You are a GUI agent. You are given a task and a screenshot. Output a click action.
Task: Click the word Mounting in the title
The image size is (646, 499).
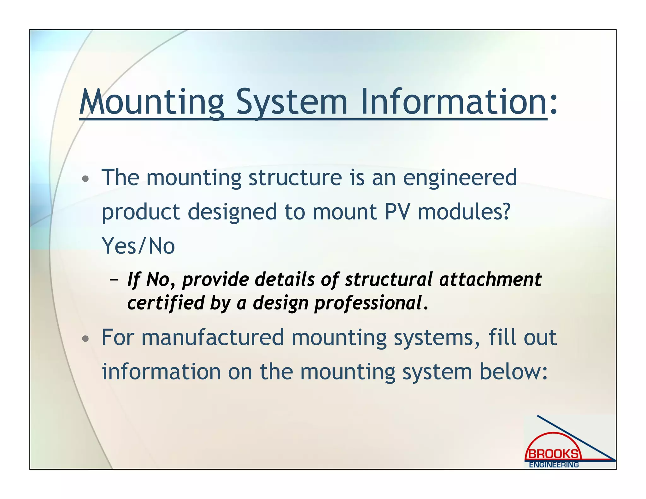(151, 103)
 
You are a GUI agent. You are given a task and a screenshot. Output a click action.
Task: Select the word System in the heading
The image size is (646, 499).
(292, 103)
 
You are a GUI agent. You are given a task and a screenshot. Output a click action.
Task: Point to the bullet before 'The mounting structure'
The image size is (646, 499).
(85, 179)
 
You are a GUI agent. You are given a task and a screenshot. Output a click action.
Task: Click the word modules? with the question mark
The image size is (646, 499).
(464, 212)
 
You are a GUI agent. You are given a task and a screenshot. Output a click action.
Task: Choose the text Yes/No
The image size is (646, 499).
(138, 246)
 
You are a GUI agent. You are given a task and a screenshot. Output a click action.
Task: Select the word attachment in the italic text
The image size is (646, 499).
(490, 280)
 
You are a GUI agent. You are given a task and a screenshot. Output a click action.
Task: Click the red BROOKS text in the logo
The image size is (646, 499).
(553, 454)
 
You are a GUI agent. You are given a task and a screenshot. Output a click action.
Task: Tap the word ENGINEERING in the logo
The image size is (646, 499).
(554, 465)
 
